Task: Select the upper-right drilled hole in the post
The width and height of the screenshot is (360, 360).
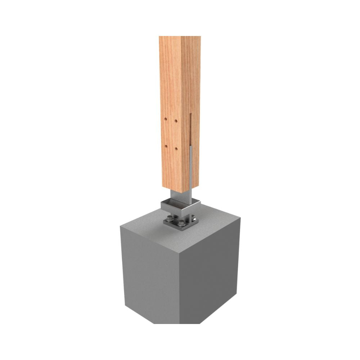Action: tap(176, 120)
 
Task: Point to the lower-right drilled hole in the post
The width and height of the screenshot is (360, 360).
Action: tap(176, 148)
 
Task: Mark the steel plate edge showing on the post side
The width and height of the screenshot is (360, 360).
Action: tap(191, 162)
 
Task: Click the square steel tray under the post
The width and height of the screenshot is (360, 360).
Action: tap(180, 207)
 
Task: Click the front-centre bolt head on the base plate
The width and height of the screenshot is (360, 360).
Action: tap(179, 224)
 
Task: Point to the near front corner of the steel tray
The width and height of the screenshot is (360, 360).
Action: tap(181, 213)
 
